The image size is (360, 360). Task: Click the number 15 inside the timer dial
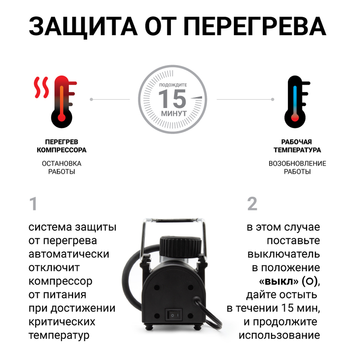click(x=172, y=99)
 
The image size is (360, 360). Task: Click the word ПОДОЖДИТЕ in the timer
click(x=173, y=85)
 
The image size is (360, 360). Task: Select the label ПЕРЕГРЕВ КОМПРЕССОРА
click(x=62, y=146)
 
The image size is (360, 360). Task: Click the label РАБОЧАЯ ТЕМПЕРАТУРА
click(x=297, y=146)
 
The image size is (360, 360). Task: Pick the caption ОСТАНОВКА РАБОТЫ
click(x=62, y=167)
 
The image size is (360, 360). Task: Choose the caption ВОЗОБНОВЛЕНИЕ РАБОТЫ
click(x=297, y=167)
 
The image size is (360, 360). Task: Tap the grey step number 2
click(x=252, y=204)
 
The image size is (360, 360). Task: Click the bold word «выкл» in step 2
click(x=274, y=281)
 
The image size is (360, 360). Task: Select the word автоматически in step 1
click(x=69, y=254)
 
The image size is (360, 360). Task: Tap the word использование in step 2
click(x=279, y=335)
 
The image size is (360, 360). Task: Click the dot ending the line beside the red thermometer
click(x=91, y=99)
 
